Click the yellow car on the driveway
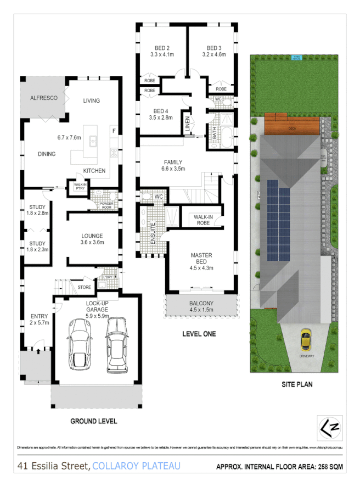point(306,339)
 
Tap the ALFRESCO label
point(44,98)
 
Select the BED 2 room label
point(161,48)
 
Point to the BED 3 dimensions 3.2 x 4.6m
point(213,55)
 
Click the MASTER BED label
point(201,259)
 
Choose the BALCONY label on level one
point(201,304)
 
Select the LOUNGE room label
point(92,236)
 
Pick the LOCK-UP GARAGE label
point(99,306)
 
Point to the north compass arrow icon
point(328,427)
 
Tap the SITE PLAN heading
point(297,384)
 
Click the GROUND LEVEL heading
point(93,421)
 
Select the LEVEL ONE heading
point(199,334)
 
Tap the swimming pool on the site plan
point(296,57)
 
